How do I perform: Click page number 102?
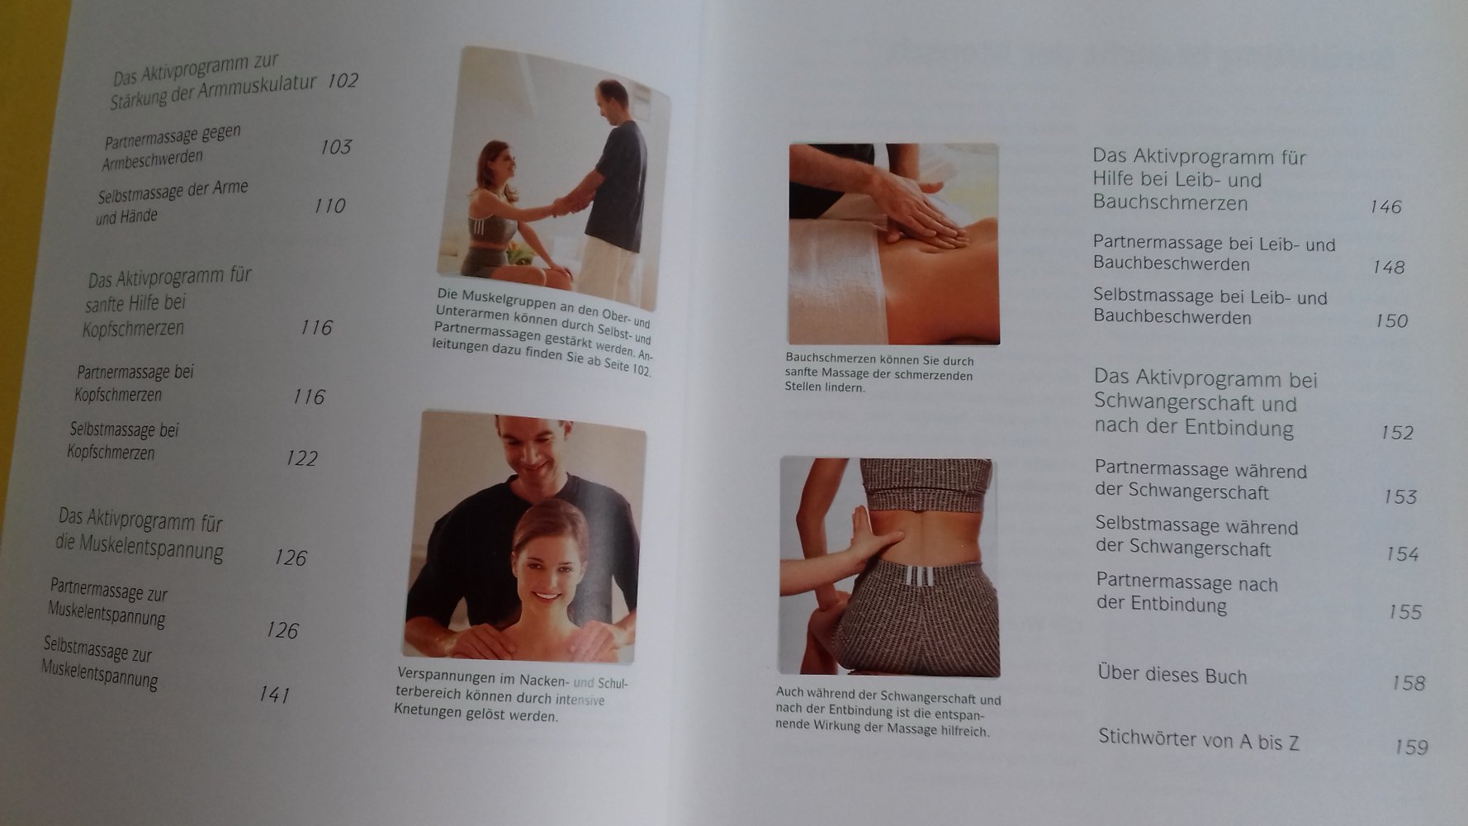(x=343, y=81)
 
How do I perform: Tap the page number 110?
(x=329, y=206)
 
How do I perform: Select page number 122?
(x=301, y=458)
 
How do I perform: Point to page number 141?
(x=274, y=695)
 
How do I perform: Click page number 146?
(x=1385, y=206)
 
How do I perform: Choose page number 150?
(x=1391, y=320)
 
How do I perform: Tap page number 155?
(x=1404, y=612)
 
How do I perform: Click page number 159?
(x=1411, y=747)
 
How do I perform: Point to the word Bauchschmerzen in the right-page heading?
(x=1170, y=202)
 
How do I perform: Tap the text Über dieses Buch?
(x=1172, y=675)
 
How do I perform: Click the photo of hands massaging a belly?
(x=893, y=244)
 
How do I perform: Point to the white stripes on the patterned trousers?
(x=920, y=575)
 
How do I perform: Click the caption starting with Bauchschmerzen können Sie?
(x=879, y=373)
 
